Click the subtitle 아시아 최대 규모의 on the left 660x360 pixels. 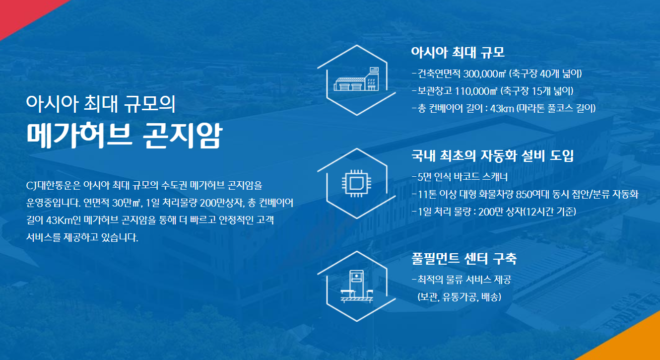pyautogui.click(x=101, y=104)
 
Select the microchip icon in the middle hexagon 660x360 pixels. pyautogui.click(x=357, y=183)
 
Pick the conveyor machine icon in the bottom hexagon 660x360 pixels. pyautogui.click(x=357, y=287)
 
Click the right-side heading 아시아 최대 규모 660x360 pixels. pyautogui.click(x=458, y=52)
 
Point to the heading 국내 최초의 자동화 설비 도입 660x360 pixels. pyautogui.click(x=492, y=155)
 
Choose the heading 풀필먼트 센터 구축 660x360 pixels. pyautogui.click(x=464, y=259)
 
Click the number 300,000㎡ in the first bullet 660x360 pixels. pyautogui.click(x=484, y=74)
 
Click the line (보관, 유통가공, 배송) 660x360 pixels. pyautogui.click(x=459, y=297)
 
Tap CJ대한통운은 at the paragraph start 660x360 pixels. pyautogui.click(x=53, y=186)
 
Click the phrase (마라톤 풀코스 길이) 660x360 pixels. pyautogui.click(x=556, y=108)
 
